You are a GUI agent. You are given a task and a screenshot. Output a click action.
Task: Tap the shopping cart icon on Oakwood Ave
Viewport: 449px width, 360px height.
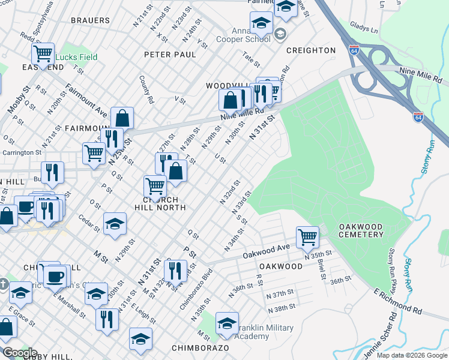pos(307,236)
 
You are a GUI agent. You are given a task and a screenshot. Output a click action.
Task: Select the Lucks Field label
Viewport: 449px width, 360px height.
pos(76,58)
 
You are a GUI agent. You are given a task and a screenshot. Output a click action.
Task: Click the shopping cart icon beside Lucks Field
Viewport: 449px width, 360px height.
pos(43,53)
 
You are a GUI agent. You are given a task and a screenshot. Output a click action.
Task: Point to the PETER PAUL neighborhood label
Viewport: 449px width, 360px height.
pos(170,55)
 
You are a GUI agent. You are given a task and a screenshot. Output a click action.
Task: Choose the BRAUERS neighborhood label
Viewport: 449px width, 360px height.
pos(90,20)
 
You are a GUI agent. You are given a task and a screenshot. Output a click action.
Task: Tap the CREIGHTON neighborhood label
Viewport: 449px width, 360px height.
pos(310,50)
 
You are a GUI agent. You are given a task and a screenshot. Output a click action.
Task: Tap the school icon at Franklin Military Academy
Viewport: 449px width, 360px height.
pos(228,323)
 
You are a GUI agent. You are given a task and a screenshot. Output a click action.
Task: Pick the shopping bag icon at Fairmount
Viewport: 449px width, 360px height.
pos(122,118)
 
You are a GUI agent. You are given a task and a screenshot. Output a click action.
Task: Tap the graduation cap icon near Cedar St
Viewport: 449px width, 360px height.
pos(115,223)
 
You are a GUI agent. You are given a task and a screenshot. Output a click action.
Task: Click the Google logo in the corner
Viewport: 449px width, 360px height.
pos(19,353)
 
